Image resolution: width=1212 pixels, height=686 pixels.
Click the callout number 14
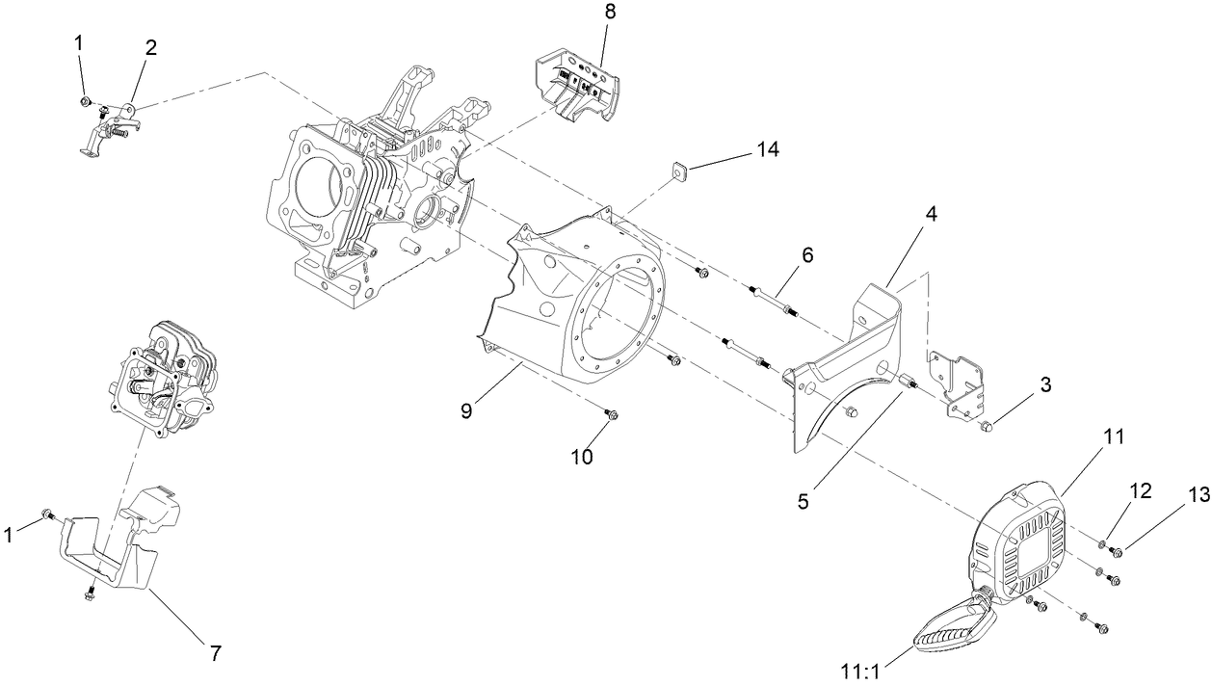(767, 149)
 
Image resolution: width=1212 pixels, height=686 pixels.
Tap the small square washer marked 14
(677, 171)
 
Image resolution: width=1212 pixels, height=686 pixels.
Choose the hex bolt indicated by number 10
(611, 414)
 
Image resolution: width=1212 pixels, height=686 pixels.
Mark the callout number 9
(466, 410)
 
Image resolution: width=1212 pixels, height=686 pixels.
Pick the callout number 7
(216, 653)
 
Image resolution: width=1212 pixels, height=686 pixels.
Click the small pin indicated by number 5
(906, 384)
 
